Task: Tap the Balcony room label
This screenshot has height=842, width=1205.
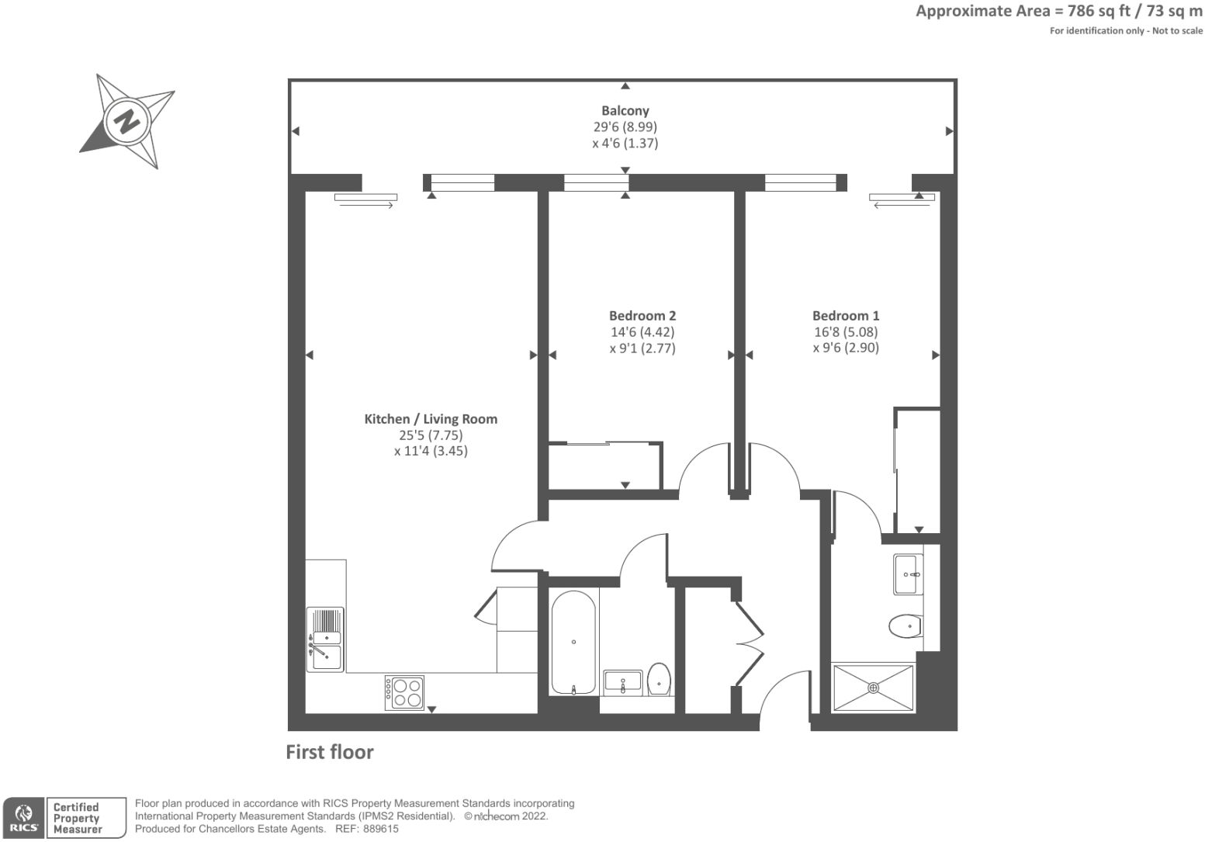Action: [625, 111]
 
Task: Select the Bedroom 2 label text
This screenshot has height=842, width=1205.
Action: [642, 316]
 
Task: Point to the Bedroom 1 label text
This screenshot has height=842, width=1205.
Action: [845, 316]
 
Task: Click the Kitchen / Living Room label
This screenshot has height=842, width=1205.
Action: [431, 419]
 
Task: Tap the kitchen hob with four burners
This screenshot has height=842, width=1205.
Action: [404, 692]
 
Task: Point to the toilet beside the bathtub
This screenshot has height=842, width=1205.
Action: [659, 680]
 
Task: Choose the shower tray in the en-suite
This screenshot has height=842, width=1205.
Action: [873, 688]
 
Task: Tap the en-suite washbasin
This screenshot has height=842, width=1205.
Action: [908, 574]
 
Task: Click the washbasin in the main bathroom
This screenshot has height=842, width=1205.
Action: [622, 682]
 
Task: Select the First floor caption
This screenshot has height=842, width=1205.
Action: [330, 752]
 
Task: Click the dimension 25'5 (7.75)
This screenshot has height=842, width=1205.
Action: [431, 435]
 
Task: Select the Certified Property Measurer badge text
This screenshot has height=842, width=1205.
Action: [78, 818]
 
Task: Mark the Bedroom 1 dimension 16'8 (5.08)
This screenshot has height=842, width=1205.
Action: [845, 332]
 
